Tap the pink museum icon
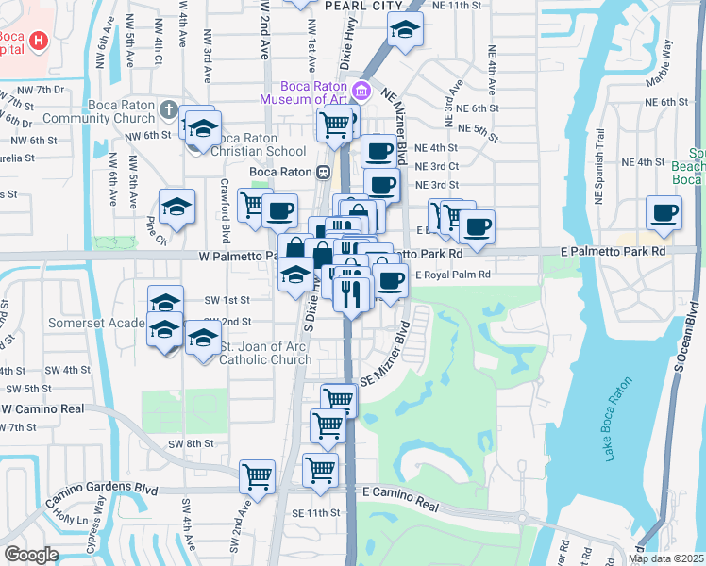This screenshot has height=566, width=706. tap(360, 92)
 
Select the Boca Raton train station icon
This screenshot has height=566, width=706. tap(323, 172)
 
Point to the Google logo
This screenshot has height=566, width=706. tap(31, 554)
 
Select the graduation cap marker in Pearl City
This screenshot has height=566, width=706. tap(405, 33)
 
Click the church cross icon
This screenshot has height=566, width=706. tap(169, 109)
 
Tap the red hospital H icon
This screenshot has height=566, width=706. tap(39, 40)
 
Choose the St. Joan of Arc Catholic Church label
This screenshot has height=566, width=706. tap(266, 353)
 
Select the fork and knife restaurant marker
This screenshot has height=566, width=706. tap(350, 293)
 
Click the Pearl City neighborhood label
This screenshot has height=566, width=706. tap(357, 5)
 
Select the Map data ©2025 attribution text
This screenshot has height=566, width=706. tap(665, 558)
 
